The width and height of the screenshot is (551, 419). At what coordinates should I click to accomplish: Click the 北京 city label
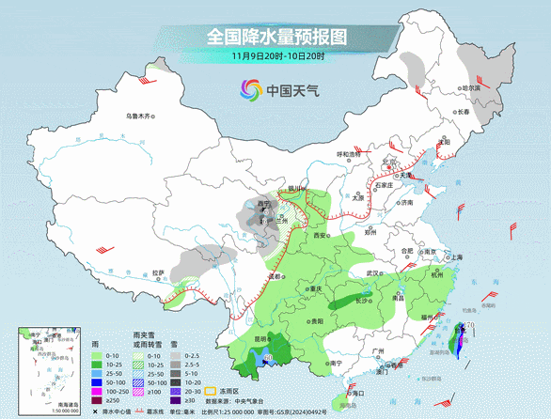(388, 162)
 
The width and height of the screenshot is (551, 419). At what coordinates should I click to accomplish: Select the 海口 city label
(354, 390)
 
